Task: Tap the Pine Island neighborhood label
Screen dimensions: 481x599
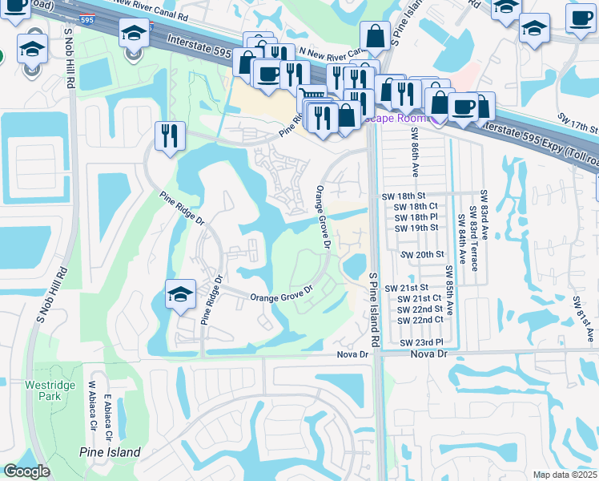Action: [110, 452]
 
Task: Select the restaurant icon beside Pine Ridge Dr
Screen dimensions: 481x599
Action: [169, 135]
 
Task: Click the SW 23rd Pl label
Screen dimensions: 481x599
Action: [420, 342]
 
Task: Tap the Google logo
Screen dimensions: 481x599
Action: [26, 471]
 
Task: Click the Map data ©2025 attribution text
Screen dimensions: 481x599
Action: [565, 475]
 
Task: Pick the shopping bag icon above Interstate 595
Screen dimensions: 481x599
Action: [376, 35]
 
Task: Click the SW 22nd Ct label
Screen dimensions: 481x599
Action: [420, 320]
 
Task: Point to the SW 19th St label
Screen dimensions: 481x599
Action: [416, 228]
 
